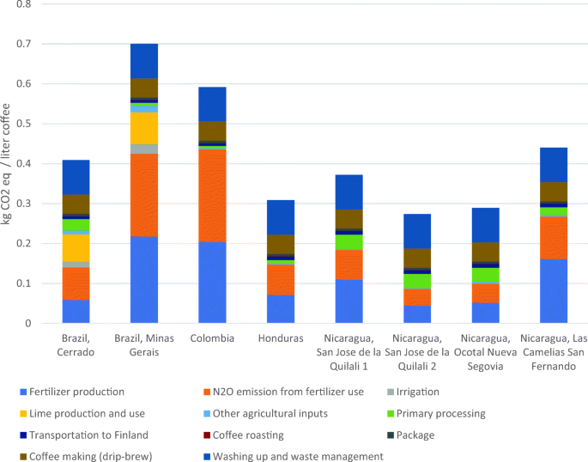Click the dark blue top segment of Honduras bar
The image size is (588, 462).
(280, 217)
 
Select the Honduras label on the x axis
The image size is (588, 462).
(280, 338)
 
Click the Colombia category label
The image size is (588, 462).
(212, 338)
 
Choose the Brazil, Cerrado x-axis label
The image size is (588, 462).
(76, 344)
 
